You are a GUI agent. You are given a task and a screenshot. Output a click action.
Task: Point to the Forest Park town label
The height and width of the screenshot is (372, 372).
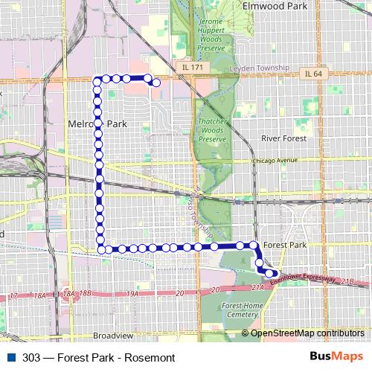click(x=284, y=244)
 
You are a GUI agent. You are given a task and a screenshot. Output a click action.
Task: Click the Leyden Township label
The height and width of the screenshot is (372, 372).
click(x=262, y=68)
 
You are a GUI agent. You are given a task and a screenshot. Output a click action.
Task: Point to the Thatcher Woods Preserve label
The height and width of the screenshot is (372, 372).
click(x=213, y=130)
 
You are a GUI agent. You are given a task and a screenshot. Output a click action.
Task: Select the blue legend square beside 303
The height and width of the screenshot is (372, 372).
click(x=10, y=357)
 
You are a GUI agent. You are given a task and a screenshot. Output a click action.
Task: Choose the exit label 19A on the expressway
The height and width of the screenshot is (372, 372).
click(x=133, y=295)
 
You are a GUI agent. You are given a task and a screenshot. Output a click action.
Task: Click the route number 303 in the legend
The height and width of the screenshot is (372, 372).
click(x=32, y=357)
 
